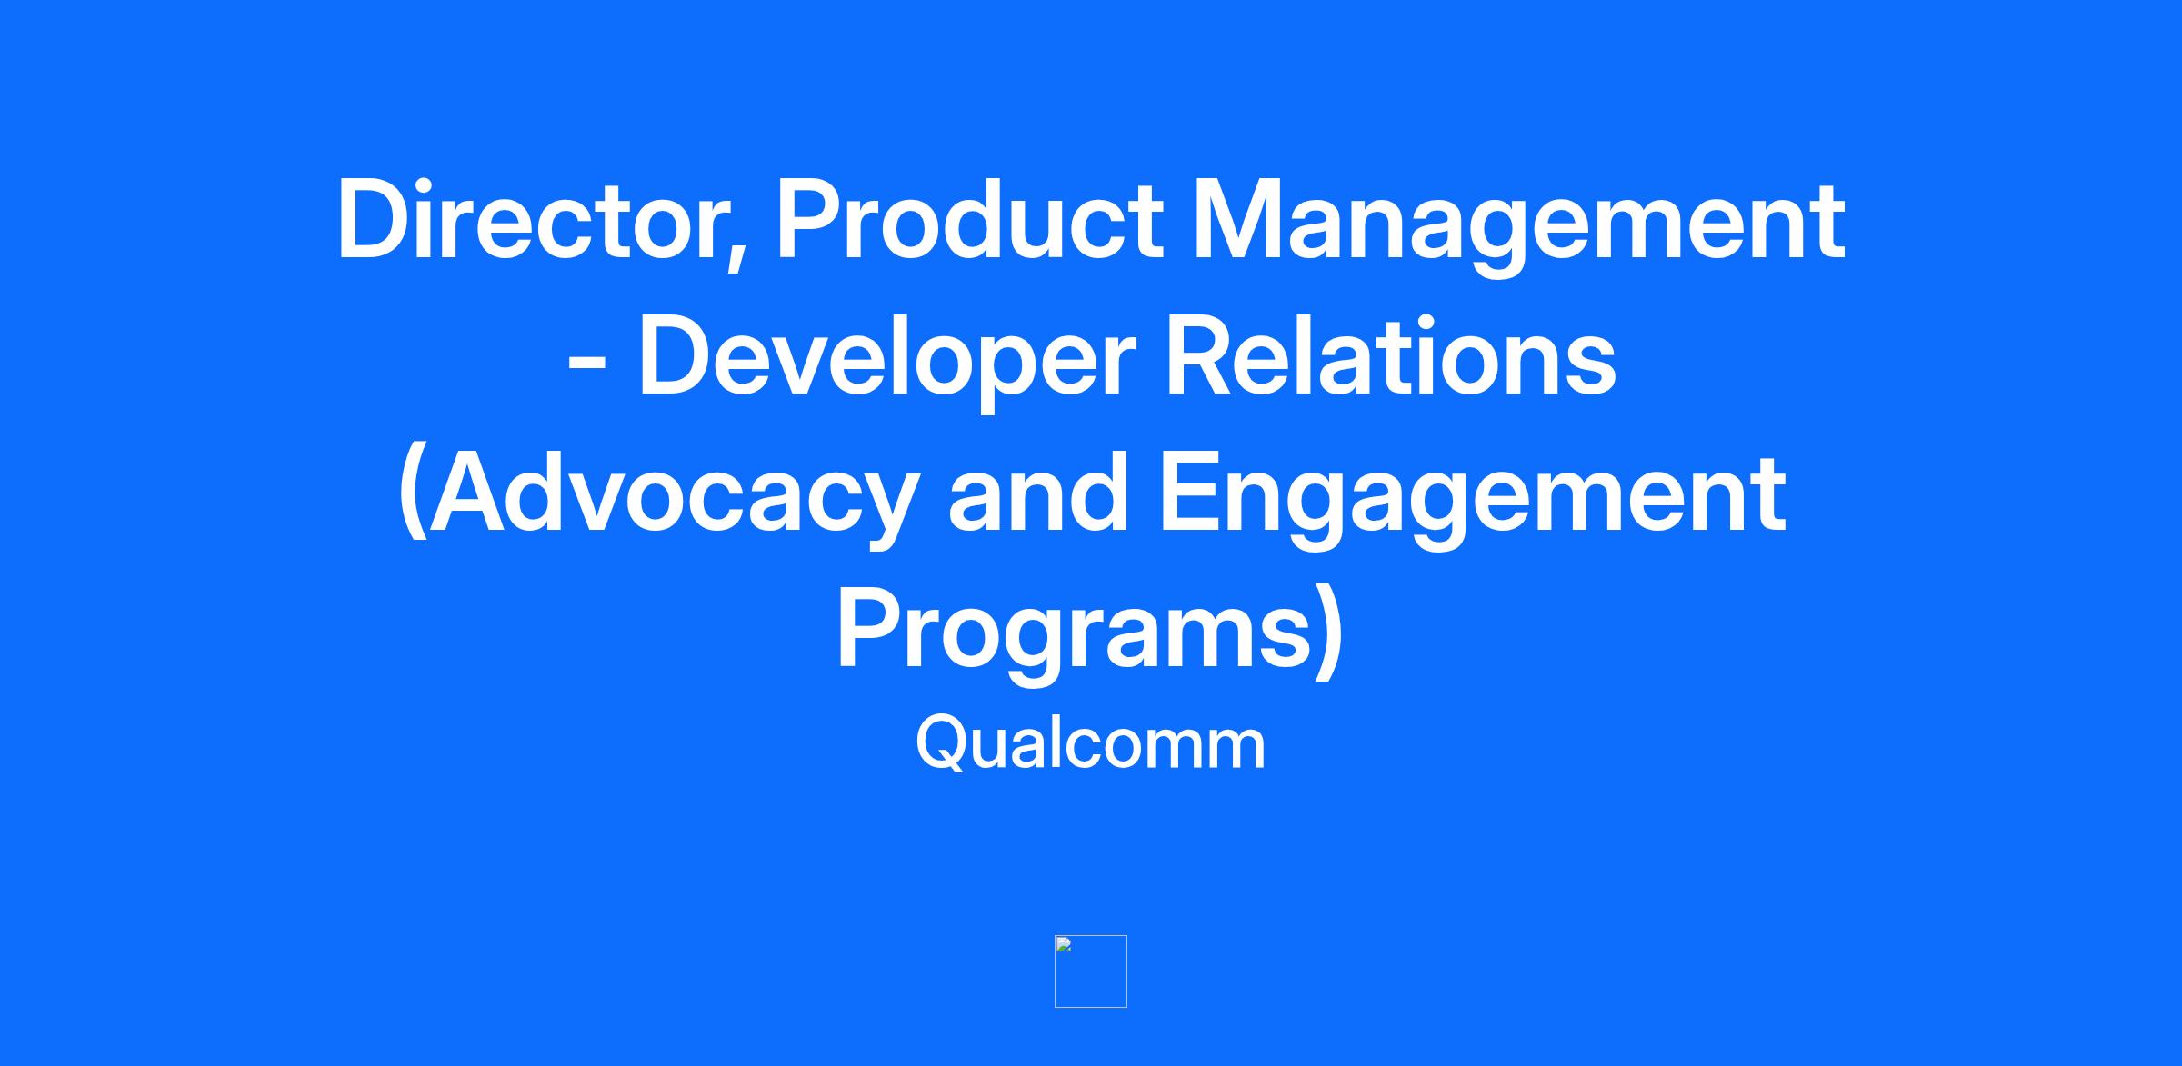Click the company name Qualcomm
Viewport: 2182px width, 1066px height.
pos(1090,744)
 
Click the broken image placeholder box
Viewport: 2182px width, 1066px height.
pos(1091,971)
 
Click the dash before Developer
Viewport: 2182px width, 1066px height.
pos(587,367)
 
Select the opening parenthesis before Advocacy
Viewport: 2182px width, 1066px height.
pos(412,495)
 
